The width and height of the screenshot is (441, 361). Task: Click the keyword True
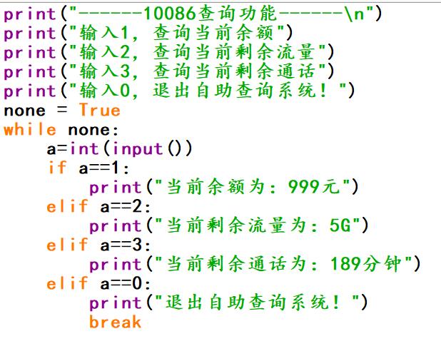click(x=99, y=111)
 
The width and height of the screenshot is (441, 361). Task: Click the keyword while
click(x=30, y=130)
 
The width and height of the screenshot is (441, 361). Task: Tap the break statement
click(x=115, y=322)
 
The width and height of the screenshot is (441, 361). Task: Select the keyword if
click(x=57, y=168)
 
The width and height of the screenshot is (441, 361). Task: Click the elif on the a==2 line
click(x=68, y=207)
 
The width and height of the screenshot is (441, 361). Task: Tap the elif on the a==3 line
click(x=68, y=245)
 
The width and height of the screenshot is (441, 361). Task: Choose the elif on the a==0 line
click(x=68, y=284)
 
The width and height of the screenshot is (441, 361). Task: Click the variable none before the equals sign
click(x=25, y=111)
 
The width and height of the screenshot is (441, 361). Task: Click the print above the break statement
click(x=116, y=303)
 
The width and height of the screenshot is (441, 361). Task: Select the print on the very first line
click(x=30, y=14)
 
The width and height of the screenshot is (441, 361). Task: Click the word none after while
click(x=89, y=130)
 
